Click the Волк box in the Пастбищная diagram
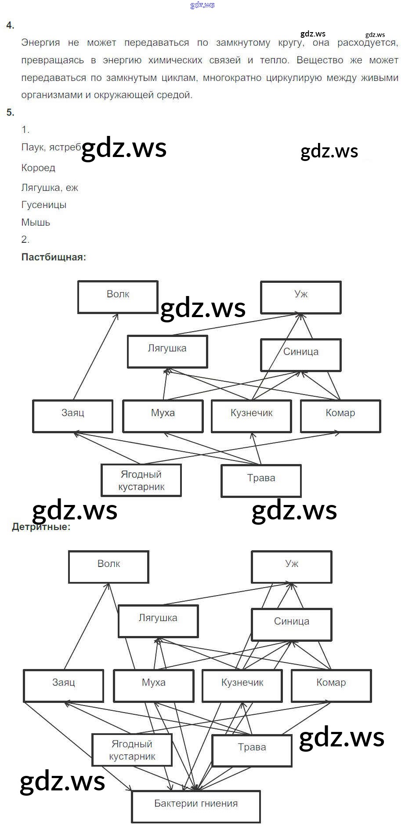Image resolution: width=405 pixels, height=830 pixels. [118, 297]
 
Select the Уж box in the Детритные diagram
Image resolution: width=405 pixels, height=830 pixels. [292, 567]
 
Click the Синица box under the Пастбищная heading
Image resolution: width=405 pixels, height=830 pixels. [300, 355]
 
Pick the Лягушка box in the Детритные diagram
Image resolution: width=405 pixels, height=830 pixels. [158, 621]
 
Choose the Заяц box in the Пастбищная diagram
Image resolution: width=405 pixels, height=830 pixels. [72, 416]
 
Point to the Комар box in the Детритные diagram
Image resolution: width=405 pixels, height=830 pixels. [331, 685]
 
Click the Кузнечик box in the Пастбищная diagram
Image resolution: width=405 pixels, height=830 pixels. [251, 416]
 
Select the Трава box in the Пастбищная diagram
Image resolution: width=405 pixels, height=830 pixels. [261, 480]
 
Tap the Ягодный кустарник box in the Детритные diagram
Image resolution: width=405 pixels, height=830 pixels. [132, 750]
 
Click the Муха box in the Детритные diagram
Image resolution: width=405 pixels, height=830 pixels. [153, 685]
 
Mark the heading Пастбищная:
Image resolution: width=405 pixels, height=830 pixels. [54, 257]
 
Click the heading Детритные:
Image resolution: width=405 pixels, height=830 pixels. [41, 527]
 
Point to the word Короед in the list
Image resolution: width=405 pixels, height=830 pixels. [38, 168]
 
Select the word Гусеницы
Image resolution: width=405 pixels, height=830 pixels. [44, 205]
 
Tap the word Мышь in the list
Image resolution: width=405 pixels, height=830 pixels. [36, 222]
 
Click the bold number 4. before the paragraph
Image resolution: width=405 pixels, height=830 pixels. [10, 26]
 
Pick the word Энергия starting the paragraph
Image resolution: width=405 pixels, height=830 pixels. [40, 43]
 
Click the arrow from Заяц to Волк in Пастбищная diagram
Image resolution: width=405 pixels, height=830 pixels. [96, 356]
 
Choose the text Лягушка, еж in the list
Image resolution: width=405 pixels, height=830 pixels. [50, 188]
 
